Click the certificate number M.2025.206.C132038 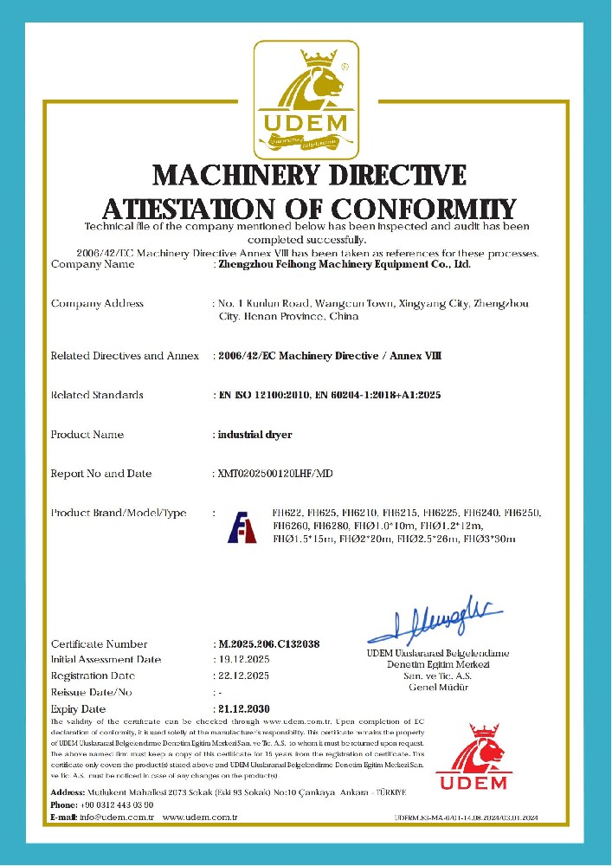click(269, 643)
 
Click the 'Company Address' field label click(97, 303)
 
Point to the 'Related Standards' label click(97, 395)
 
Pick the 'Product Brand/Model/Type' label click(119, 514)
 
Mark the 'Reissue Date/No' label click(91, 692)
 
